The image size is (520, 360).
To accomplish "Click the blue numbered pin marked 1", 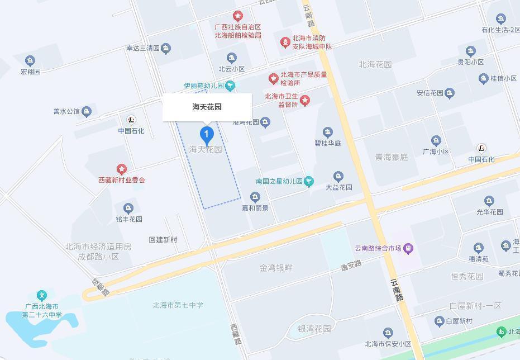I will pyautogui.click(x=207, y=135).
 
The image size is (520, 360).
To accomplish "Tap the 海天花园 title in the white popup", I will pyautogui.click(x=207, y=107).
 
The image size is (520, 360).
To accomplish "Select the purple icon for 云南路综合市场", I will pyautogui.click(x=409, y=248).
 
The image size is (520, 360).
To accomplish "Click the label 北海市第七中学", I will pyautogui.click(x=178, y=305).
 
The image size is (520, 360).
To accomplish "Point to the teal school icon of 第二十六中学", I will pyautogui.click(x=41, y=295).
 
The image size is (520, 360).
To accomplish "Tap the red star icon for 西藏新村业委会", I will pyautogui.click(x=121, y=169).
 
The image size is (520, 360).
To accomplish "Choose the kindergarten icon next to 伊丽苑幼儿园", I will pyautogui.click(x=230, y=86).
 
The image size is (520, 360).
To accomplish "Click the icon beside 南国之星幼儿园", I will pyautogui.click(x=309, y=181).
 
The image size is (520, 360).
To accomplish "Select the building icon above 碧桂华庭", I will pyautogui.click(x=328, y=132).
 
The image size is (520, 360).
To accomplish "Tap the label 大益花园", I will pyautogui.click(x=338, y=187).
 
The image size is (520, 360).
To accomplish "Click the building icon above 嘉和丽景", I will pyautogui.click(x=255, y=197).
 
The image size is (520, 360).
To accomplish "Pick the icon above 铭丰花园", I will pyautogui.click(x=128, y=209).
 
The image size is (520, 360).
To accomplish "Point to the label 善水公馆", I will pyautogui.click(x=66, y=112).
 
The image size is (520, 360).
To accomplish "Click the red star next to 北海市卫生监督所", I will pyautogui.click(x=304, y=100).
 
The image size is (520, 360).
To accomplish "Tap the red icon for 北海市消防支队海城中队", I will pyautogui.click(x=285, y=42).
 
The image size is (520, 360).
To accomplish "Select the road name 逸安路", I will pyautogui.click(x=351, y=267).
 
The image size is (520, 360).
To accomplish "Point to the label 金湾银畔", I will pyautogui.click(x=275, y=268).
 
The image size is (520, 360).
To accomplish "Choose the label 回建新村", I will pyautogui.click(x=163, y=240).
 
